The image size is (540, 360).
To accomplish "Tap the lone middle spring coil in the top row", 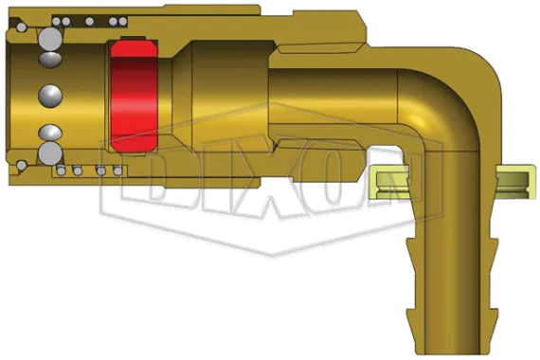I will (89, 20).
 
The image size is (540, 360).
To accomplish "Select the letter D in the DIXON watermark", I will (170, 185).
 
